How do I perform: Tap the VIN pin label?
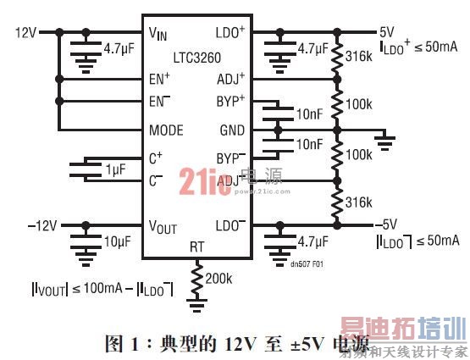click(158, 34)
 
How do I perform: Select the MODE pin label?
click(166, 131)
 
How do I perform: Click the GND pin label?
click(230, 131)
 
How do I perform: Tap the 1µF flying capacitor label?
click(113, 171)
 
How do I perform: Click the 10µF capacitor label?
click(116, 241)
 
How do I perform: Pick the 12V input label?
click(26, 33)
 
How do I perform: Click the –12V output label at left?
click(43, 225)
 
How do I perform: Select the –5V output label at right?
click(386, 224)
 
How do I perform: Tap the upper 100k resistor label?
click(360, 103)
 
